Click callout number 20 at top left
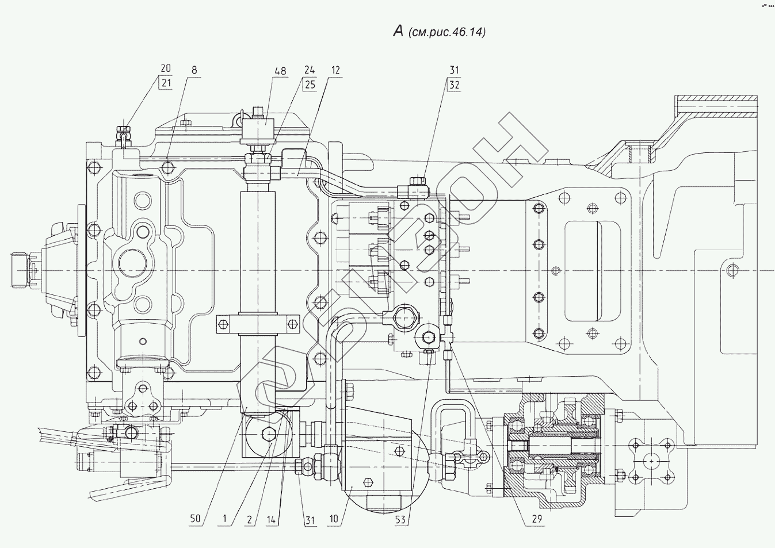[x=166, y=68]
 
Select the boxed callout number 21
[x=166, y=83]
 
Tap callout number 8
[x=194, y=70]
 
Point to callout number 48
[x=281, y=71]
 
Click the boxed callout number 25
[x=310, y=85]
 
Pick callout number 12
[x=335, y=70]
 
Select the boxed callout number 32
[x=454, y=85]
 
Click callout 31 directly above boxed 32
[x=454, y=70]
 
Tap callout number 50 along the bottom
[x=196, y=519]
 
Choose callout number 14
[x=273, y=520]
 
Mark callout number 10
[x=334, y=519]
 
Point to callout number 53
[x=400, y=520]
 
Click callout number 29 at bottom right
[x=537, y=519]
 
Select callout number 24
[x=310, y=70]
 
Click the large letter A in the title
[x=398, y=32]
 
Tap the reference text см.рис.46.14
[x=447, y=32]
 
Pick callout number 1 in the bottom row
[x=224, y=519]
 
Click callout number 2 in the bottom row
[x=249, y=520]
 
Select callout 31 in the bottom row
[x=310, y=520]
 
